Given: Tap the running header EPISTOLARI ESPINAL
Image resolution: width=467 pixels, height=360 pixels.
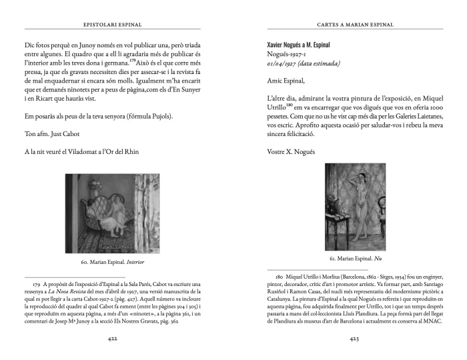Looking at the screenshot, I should click(114, 25).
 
